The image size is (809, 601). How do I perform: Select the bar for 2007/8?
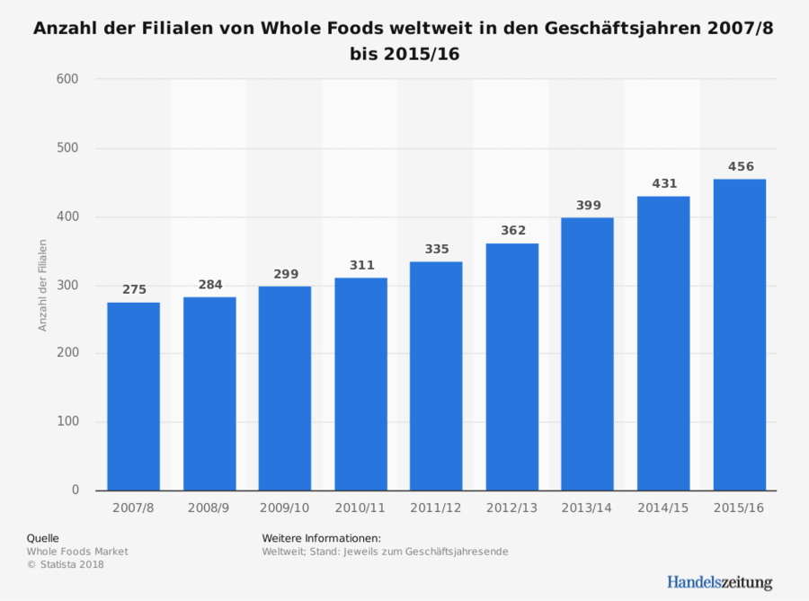(133, 395)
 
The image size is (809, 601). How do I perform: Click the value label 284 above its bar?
(209, 285)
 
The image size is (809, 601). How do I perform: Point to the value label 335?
(437, 249)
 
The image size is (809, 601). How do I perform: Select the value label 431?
(663, 183)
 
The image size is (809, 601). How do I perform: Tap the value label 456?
(740, 166)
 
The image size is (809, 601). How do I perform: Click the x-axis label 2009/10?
(285, 508)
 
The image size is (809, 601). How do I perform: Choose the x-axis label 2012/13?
(512, 508)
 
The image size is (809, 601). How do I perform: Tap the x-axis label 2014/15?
(663, 508)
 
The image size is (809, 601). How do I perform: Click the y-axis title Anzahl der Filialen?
(42, 285)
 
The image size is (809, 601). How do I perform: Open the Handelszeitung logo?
(719, 581)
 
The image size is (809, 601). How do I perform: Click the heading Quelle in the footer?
(43, 538)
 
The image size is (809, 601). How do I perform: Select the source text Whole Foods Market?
(77, 551)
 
